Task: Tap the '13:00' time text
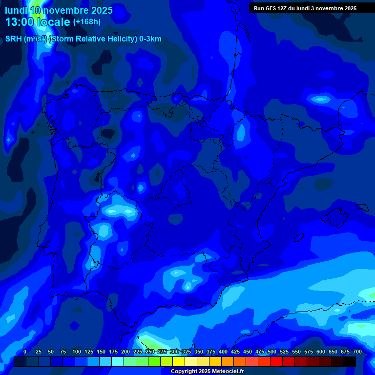point(20,22)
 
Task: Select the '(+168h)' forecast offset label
point(86,22)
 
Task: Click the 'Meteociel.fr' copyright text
point(225,372)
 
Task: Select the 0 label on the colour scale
point(25,352)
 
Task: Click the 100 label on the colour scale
point(77,352)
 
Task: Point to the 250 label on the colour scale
point(150,352)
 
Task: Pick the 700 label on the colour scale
point(357,352)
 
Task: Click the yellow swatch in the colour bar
point(179,361)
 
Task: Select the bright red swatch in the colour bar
point(276,361)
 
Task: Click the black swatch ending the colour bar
point(350,361)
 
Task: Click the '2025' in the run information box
point(348,8)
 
